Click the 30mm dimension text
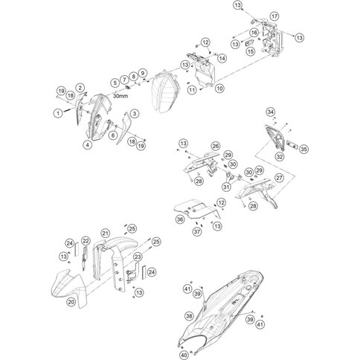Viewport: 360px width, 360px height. [120, 95]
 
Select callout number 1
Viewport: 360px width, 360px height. [57, 112]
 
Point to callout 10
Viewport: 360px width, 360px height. [220, 89]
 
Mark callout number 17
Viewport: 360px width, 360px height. [274, 16]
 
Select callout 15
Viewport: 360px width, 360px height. [251, 52]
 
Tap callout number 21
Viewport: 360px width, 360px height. [106, 233]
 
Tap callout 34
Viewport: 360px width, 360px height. [271, 112]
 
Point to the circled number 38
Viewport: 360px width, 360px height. [189, 316]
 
